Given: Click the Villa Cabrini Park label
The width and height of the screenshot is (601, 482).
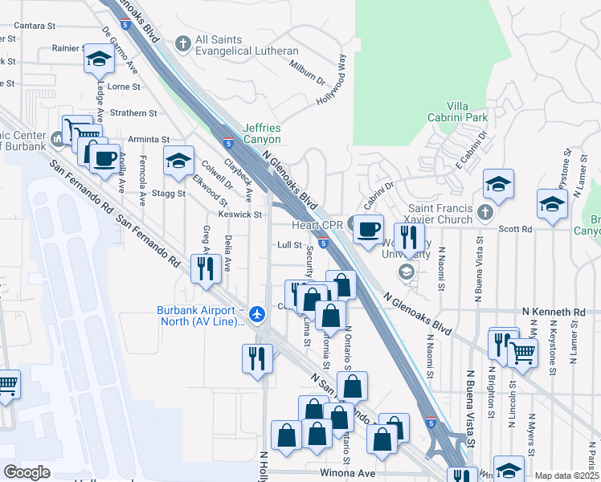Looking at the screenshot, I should click(468, 111).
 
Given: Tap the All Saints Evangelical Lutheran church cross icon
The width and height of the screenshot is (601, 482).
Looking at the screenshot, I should click(183, 43).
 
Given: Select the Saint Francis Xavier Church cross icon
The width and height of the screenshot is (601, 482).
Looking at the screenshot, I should click(484, 213).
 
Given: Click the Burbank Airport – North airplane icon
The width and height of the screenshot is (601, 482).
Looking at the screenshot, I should click(257, 313).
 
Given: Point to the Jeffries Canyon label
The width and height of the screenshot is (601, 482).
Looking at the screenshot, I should click(262, 133).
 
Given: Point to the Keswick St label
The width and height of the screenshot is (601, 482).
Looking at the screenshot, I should click(240, 214).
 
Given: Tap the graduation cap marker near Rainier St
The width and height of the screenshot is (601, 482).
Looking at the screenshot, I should click(98, 59).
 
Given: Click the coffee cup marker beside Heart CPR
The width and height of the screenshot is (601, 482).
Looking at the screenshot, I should click(369, 229).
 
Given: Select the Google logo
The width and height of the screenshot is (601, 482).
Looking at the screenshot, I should click(26, 472).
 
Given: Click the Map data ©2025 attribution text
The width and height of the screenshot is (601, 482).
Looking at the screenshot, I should click(566, 476).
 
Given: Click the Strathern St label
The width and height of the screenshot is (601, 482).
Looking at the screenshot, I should click(133, 113).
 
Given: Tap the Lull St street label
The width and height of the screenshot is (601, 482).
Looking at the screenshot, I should click(289, 245).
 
